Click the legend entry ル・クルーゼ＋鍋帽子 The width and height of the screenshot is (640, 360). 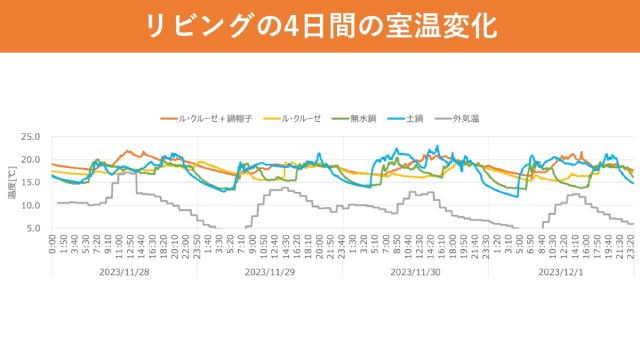213,117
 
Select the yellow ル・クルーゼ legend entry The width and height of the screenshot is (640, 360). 299,117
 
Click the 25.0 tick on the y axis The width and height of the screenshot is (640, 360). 30,137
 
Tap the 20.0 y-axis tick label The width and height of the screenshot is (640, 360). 30,160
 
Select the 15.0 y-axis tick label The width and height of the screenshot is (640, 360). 30,183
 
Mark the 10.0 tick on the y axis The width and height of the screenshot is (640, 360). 30,206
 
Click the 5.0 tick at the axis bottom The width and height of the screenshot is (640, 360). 33,229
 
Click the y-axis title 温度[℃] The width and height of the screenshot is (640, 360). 11,183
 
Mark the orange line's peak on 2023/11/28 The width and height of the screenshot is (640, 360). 127,151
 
